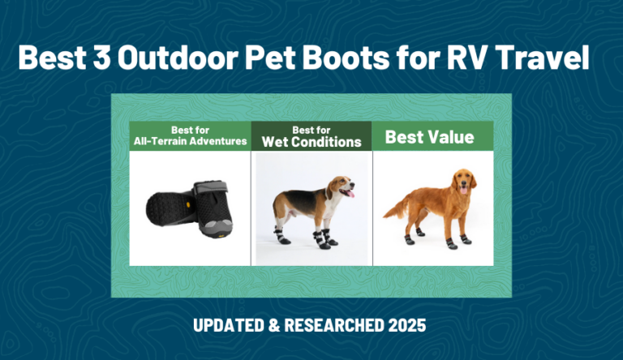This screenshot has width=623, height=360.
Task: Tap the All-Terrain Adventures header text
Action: (x=191, y=142)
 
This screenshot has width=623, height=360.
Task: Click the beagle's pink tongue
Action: (x=350, y=195)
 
